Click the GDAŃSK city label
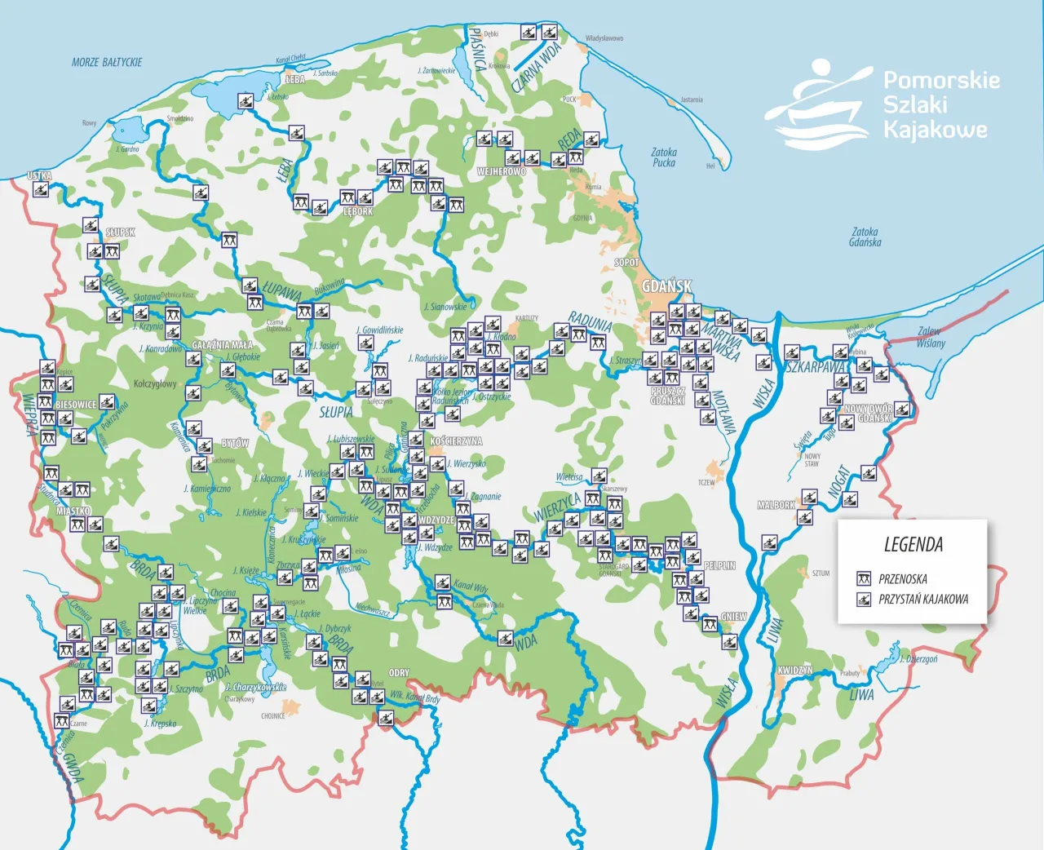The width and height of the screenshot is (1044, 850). [x=666, y=286]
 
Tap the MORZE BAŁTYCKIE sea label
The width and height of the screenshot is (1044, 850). [x=107, y=62]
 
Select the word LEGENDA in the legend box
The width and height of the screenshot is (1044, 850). [x=913, y=545]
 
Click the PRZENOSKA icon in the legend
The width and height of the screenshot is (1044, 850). [x=864, y=579]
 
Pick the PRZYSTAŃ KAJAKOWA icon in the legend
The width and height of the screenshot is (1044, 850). [x=864, y=600]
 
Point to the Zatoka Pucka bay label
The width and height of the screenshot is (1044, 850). [x=664, y=157]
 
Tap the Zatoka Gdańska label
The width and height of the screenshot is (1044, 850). [x=865, y=237]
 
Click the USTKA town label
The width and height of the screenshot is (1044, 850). [x=39, y=175]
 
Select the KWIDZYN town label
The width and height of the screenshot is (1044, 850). [x=794, y=671]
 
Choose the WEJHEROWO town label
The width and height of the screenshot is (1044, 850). [x=502, y=172]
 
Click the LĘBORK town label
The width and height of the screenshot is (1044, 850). [x=358, y=211]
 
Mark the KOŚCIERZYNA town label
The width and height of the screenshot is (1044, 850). [x=456, y=441]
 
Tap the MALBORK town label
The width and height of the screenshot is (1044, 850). [x=776, y=506]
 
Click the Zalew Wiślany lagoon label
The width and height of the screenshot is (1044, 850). [x=930, y=337]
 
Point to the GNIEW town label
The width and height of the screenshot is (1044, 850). [x=733, y=618]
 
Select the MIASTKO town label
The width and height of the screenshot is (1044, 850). [x=73, y=511]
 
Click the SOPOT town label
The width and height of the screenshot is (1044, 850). [x=626, y=263]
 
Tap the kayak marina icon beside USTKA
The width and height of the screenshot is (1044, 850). [x=40, y=190]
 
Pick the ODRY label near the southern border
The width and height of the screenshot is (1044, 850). [x=399, y=673]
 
